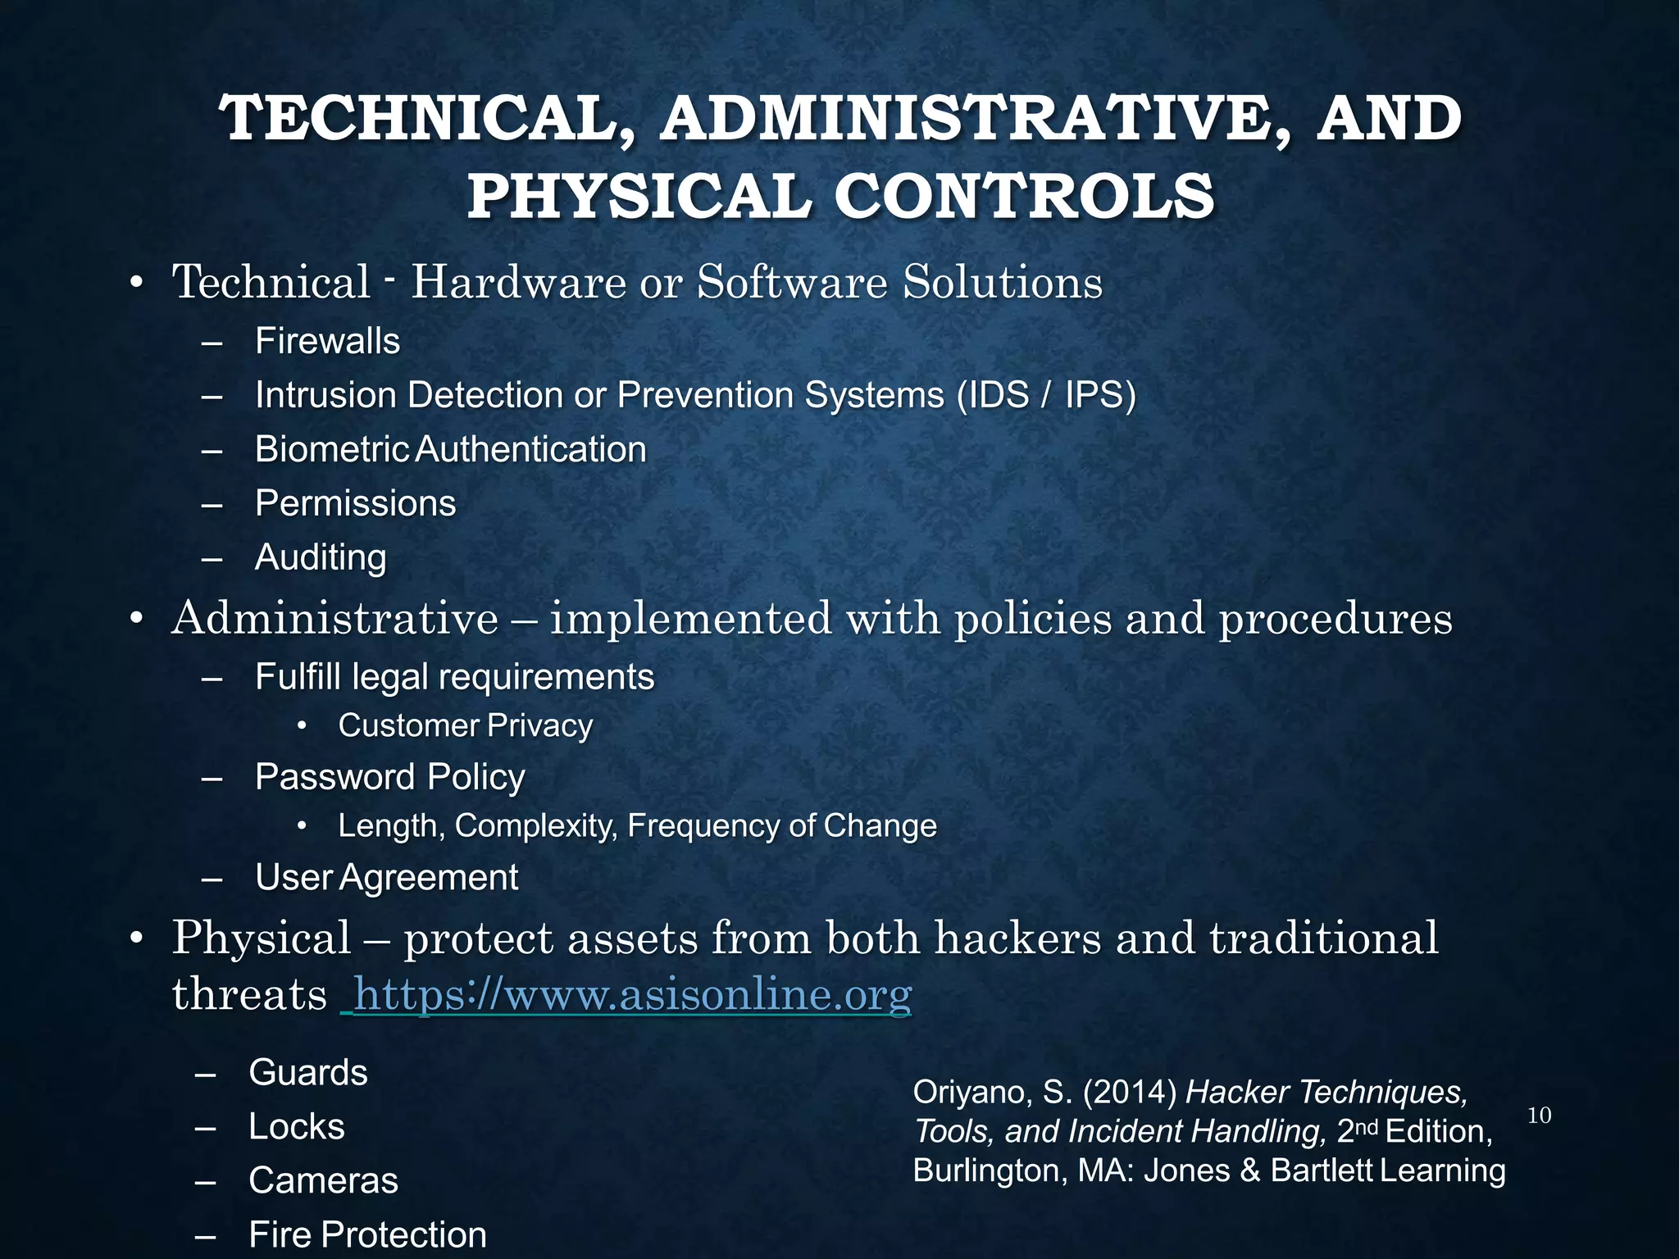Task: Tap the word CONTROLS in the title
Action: tap(1024, 198)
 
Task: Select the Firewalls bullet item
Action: tap(327, 341)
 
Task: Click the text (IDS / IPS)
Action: tap(1046, 395)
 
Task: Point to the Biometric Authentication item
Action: tap(450, 449)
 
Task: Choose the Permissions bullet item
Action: tap(355, 503)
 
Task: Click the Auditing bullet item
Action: tap(321, 557)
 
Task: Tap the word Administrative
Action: tap(334, 618)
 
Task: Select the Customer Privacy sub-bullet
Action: tap(465, 725)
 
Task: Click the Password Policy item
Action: tap(389, 777)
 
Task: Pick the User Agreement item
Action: tap(386, 877)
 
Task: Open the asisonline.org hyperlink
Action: tap(631, 995)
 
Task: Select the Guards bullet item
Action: tap(307, 1072)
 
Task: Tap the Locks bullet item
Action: tap(296, 1126)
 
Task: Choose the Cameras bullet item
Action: tap(323, 1180)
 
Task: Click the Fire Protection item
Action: tap(367, 1234)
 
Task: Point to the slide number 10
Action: tap(1540, 1116)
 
